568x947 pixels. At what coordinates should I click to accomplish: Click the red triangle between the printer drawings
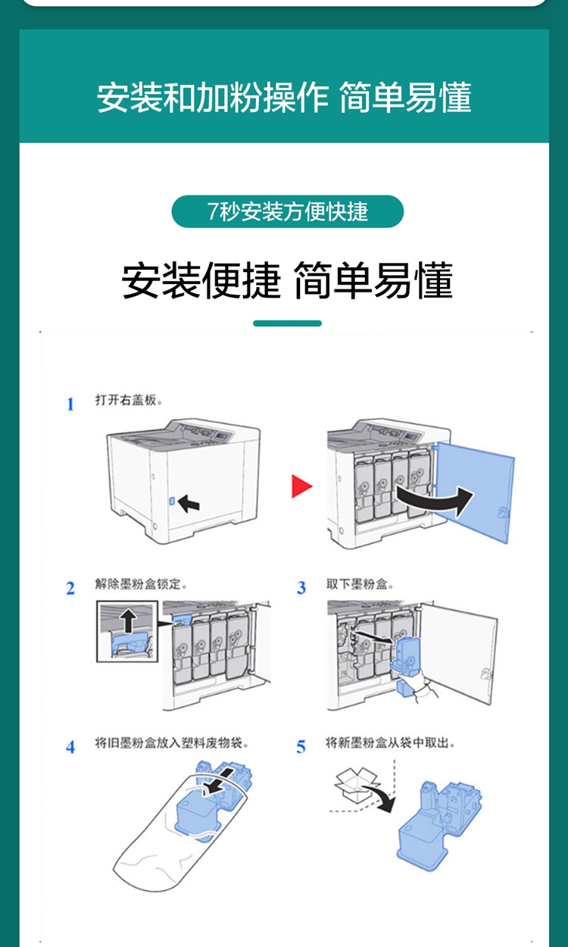click(301, 486)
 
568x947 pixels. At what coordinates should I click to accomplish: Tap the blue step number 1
click(70, 404)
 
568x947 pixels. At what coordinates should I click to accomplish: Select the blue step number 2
click(70, 588)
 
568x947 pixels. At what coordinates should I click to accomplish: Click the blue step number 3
click(301, 588)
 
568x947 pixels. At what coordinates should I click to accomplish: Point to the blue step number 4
click(70, 747)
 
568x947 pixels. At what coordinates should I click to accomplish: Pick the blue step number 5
click(301, 747)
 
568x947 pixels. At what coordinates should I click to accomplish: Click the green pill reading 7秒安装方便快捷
click(287, 211)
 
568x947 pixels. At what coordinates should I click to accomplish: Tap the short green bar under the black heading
click(287, 323)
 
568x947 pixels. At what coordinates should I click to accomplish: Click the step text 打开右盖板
click(129, 400)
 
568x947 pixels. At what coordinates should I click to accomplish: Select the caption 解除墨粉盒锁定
click(141, 584)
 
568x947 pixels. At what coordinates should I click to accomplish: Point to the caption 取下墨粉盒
click(360, 584)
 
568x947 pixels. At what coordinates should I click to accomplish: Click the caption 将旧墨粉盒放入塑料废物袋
click(172, 742)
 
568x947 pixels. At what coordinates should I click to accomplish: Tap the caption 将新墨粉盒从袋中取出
click(390, 742)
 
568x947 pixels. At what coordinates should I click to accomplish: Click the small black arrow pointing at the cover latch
click(189, 503)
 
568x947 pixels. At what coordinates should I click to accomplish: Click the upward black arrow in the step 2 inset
click(128, 621)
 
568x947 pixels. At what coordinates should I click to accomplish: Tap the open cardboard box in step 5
click(356, 785)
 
